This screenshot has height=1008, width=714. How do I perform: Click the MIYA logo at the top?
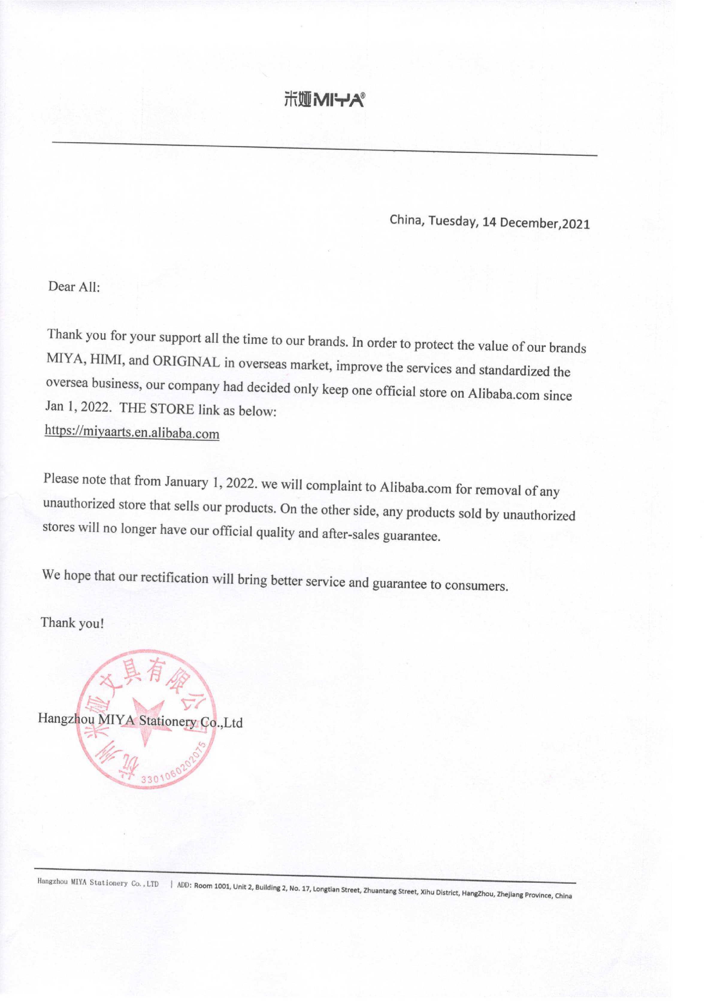(x=324, y=101)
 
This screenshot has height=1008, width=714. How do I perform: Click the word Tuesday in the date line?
(x=453, y=221)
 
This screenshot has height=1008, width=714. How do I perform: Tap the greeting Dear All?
(x=74, y=287)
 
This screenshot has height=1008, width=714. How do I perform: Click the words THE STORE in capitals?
(x=157, y=409)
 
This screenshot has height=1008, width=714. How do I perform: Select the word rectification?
(x=174, y=578)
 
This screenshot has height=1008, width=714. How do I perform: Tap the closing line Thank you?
(x=72, y=623)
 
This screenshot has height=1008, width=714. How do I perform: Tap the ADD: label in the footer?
(x=184, y=885)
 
